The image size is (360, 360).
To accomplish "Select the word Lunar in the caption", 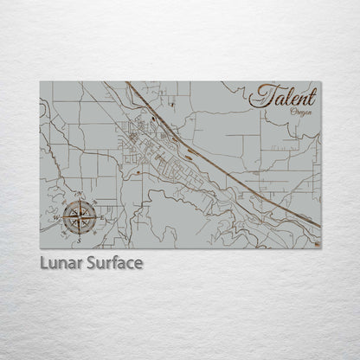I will pyautogui.click(x=61, y=262).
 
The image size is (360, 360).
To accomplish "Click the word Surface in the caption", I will pyautogui.click(x=113, y=262).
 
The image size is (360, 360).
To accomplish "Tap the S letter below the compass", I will pyautogui.click(x=79, y=231).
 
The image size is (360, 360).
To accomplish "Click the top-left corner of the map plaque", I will pyautogui.click(x=40, y=82).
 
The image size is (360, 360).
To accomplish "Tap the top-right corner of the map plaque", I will pyautogui.click(x=320, y=82).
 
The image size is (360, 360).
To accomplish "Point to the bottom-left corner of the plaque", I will pyautogui.click(x=40, y=248).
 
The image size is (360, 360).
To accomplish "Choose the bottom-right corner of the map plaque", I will pyautogui.click(x=320, y=248).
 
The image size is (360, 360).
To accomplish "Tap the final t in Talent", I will pyautogui.click(x=312, y=96).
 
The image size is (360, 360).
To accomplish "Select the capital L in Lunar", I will pyautogui.click(x=43, y=262).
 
